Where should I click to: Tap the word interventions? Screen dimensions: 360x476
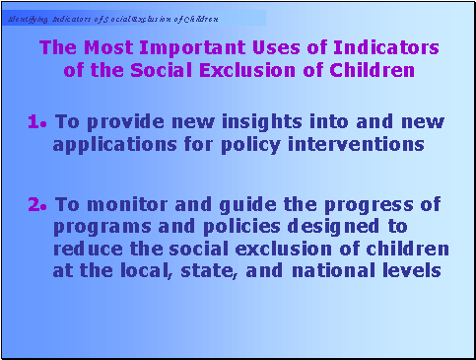click(365, 144)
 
